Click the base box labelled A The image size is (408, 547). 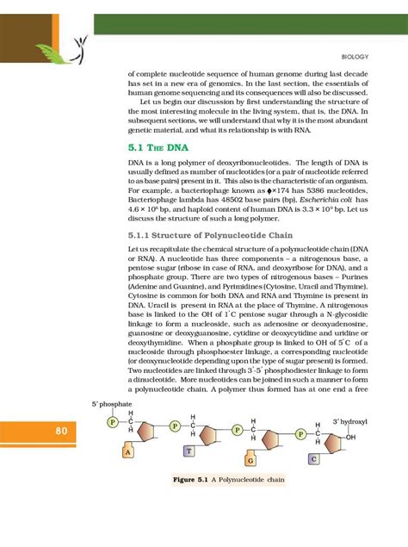[127, 451]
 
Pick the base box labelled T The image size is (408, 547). [187, 451]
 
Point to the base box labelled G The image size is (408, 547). [250, 460]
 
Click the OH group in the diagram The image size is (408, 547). [350, 438]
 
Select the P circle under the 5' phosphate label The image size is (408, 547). [112, 422]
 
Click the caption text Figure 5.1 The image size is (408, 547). [191, 479]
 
